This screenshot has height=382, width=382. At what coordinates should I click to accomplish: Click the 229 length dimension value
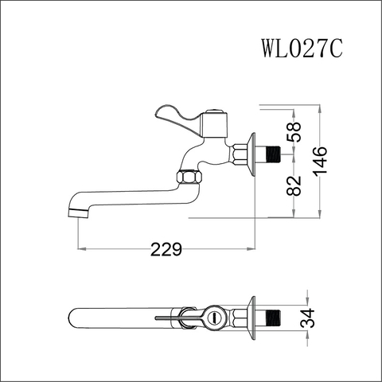166,249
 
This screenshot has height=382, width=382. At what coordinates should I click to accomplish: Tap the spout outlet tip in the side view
78,212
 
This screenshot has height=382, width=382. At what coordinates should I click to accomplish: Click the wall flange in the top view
254,320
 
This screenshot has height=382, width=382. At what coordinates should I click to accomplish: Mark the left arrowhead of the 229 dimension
80,249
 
